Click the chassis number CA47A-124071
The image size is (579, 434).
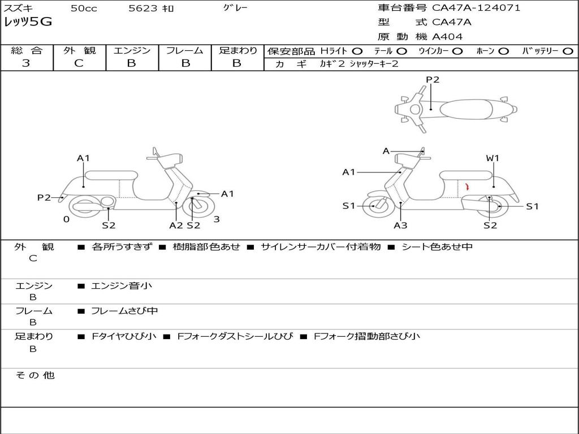pyautogui.click(x=476, y=8)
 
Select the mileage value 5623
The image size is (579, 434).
pyautogui.click(x=142, y=8)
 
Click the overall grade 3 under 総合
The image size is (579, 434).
pyautogui.click(x=26, y=63)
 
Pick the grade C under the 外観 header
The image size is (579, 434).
pyautogui.click(x=79, y=63)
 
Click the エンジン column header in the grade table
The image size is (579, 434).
pyautogui.click(x=132, y=50)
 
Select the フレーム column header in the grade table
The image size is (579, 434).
pyautogui.click(x=184, y=50)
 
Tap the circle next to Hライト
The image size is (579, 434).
pyautogui.click(x=357, y=51)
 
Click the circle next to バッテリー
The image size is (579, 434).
pyautogui.click(x=568, y=51)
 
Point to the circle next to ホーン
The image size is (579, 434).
pyautogui.click(x=503, y=51)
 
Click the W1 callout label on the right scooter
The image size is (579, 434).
pyautogui.click(x=492, y=158)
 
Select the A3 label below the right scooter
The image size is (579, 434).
pyautogui.click(x=400, y=225)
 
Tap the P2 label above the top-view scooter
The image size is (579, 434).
pyautogui.click(x=433, y=80)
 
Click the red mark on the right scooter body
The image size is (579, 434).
pyautogui.click(x=467, y=186)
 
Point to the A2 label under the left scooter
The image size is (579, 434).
pyautogui.click(x=176, y=225)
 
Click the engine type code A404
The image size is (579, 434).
pyautogui.click(x=447, y=37)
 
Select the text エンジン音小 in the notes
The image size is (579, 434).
pyautogui.click(x=122, y=286)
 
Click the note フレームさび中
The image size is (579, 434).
pyautogui.click(x=124, y=311)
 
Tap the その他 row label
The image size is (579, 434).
pyautogui.click(x=34, y=375)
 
